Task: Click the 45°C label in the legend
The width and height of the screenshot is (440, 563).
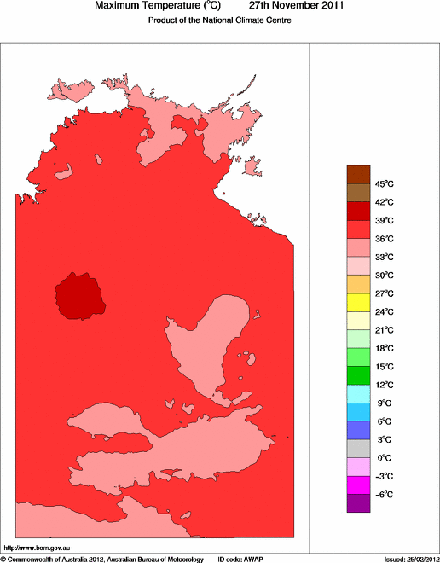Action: pos(385,183)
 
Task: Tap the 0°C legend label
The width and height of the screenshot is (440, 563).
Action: pos(384,458)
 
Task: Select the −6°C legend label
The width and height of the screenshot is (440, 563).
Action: pos(385,495)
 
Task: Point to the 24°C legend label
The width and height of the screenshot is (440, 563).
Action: pos(385,311)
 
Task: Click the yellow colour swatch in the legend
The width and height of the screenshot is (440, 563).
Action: pos(358,302)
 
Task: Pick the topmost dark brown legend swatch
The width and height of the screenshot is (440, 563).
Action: pos(358,174)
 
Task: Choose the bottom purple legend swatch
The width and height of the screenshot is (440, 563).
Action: pos(358,503)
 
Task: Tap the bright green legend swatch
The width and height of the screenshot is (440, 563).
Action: pos(358,357)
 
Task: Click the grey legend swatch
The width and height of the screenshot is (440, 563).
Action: pos(358,449)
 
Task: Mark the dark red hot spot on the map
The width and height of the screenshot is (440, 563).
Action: pos(79,295)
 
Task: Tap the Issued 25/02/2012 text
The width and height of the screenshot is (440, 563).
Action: pos(411,559)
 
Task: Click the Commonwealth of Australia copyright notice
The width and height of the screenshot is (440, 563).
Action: pos(102,559)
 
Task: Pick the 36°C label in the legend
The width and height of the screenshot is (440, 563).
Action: pos(385,239)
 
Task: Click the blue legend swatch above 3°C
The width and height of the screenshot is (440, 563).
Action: pos(358,430)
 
